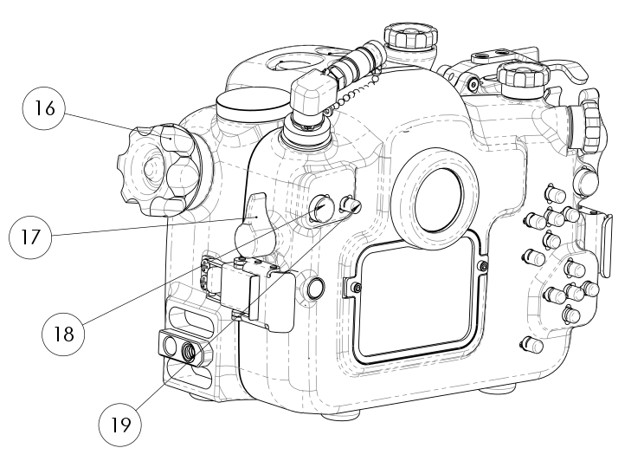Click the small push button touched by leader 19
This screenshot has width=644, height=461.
[350, 205]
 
